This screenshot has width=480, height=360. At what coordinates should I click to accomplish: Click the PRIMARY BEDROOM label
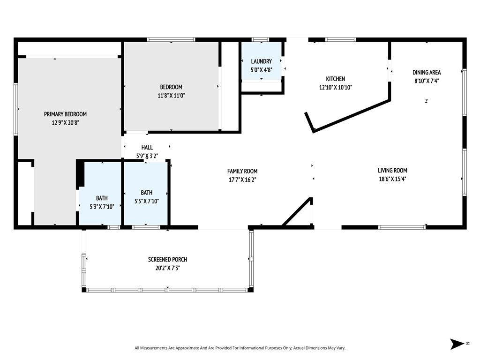[65, 114]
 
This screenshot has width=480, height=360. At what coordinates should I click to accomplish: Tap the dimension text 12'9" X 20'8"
[65, 122]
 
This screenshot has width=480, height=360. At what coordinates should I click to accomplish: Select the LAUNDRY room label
[261, 61]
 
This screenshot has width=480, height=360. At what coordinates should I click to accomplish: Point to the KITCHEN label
[336, 79]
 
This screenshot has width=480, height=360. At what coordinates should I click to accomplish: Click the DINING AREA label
[427, 72]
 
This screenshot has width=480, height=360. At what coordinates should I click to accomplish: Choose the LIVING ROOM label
[392, 171]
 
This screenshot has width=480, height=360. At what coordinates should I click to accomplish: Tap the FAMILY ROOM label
[242, 171]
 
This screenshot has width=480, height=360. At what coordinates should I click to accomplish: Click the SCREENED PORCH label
[167, 259]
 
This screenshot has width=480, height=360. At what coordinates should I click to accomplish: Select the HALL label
[147, 147]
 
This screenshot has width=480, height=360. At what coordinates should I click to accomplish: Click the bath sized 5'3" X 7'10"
[102, 198]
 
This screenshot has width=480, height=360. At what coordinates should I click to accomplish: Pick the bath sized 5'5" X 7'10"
[146, 193]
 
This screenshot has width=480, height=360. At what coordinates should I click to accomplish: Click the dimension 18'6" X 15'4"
[392, 179]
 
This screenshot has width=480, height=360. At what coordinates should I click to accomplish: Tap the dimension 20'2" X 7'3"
[167, 268]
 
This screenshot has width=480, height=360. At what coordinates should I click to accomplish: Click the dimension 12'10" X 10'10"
[336, 87]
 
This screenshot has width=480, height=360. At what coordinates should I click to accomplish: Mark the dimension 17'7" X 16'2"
[242, 179]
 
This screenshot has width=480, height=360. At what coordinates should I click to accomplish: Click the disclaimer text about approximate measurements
[240, 348]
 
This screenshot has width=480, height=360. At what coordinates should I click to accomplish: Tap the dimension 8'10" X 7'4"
[427, 81]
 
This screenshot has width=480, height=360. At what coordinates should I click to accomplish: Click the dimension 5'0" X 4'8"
[261, 69]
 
